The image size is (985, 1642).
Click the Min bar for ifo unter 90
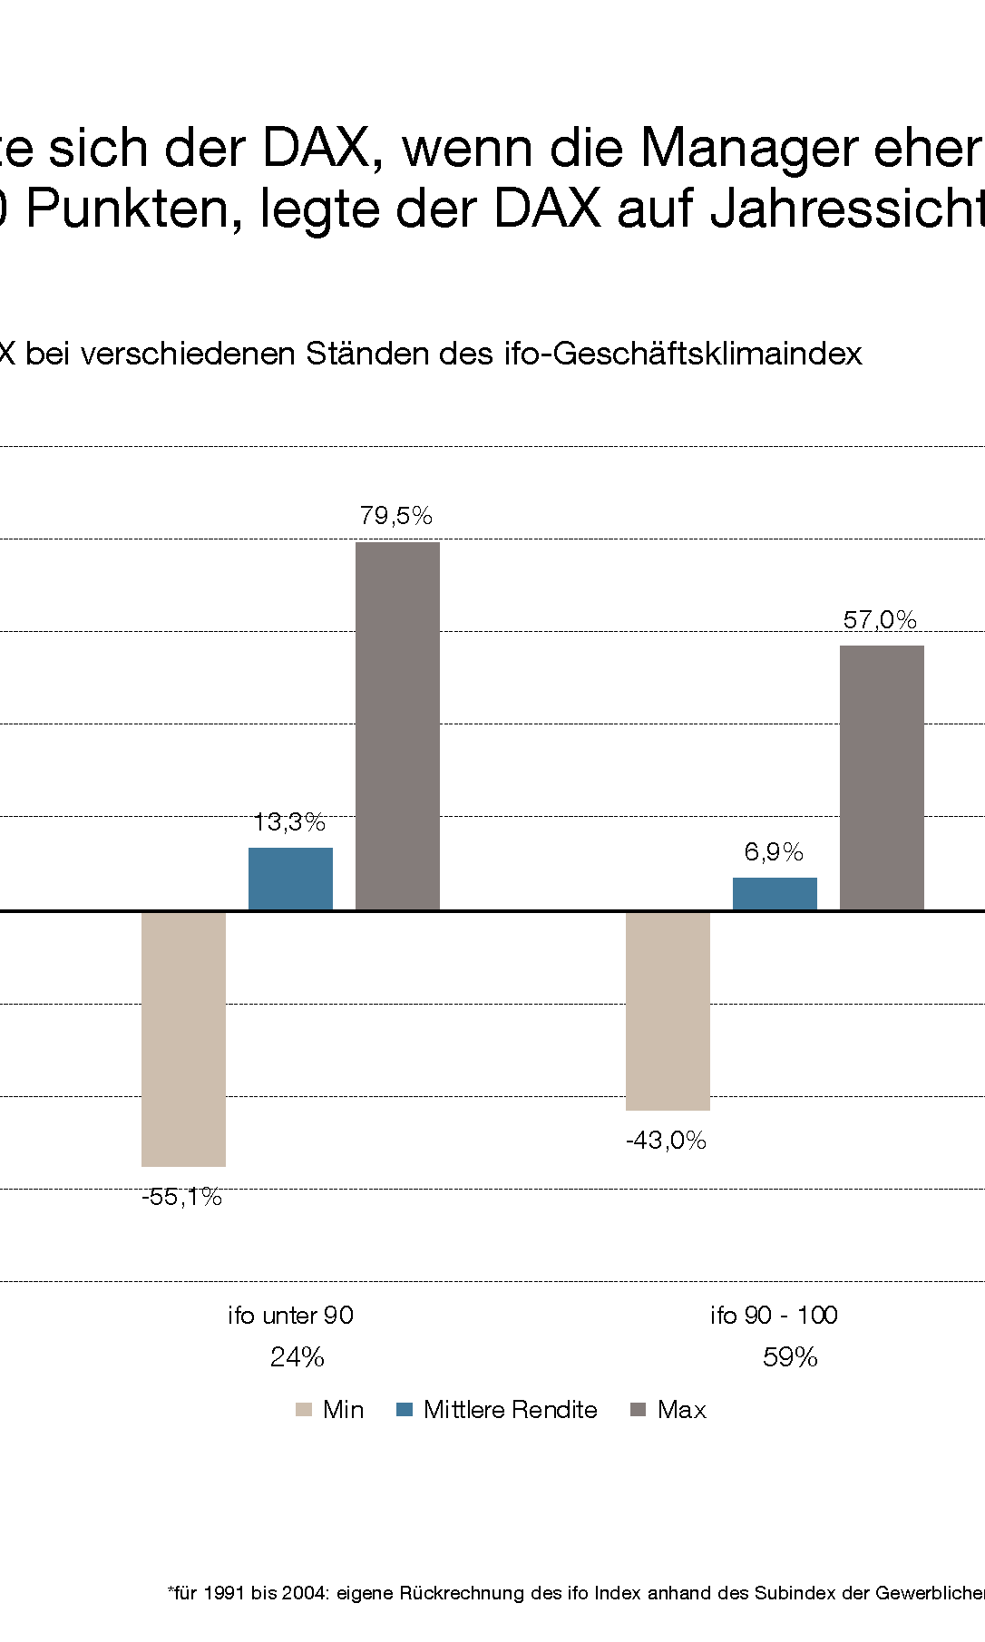[x=183, y=1038]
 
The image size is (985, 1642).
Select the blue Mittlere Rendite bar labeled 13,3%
[x=290, y=879]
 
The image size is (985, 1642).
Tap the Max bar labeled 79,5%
[x=397, y=725]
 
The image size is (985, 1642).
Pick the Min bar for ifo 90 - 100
[x=668, y=1010]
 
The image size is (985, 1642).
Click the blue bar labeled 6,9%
[x=775, y=893]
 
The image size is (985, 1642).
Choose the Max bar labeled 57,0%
[x=882, y=777]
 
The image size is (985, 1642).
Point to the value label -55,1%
[x=181, y=1197]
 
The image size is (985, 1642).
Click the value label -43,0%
[x=666, y=1141]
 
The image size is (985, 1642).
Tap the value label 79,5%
[x=395, y=516]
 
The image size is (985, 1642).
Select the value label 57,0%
[x=880, y=620]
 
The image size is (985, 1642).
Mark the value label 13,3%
[x=289, y=822]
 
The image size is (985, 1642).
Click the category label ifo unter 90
[x=290, y=1316]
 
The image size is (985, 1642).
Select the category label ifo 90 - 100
[x=774, y=1316]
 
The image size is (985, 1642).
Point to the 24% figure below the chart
[x=297, y=1357]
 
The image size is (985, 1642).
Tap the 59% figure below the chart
[x=790, y=1357]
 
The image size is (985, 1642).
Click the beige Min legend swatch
[x=304, y=1410]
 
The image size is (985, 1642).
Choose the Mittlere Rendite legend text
[x=510, y=1410]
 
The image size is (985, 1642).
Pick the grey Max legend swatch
[x=638, y=1410]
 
